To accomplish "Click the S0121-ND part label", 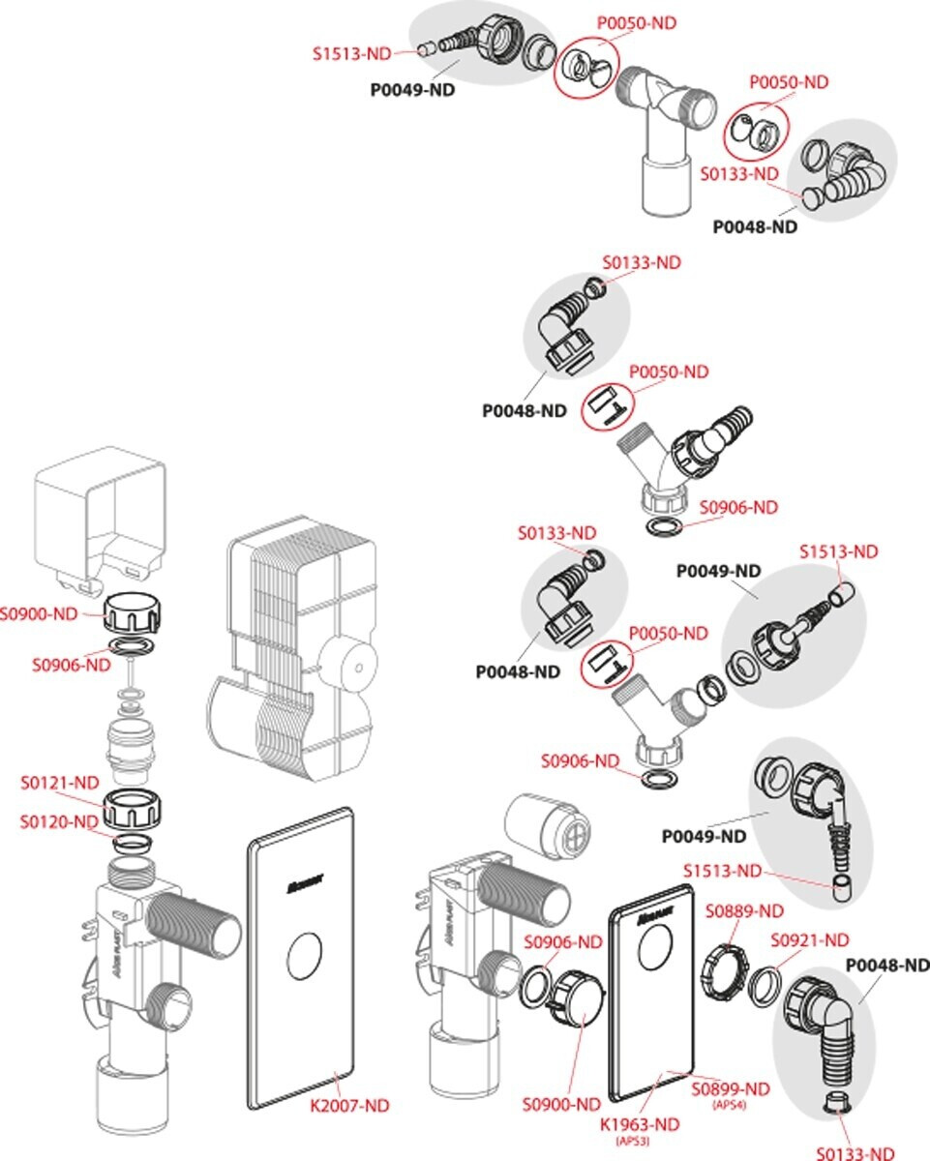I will coord(60,782).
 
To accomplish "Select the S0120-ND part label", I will coord(60,821).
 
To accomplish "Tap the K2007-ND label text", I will coord(349,1105).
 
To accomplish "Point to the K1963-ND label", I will coord(640,1124).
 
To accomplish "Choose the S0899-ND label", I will coord(731,1089).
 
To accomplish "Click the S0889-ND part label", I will coord(744,910).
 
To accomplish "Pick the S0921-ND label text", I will coord(810,939).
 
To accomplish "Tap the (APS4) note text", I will coord(729,1105).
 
